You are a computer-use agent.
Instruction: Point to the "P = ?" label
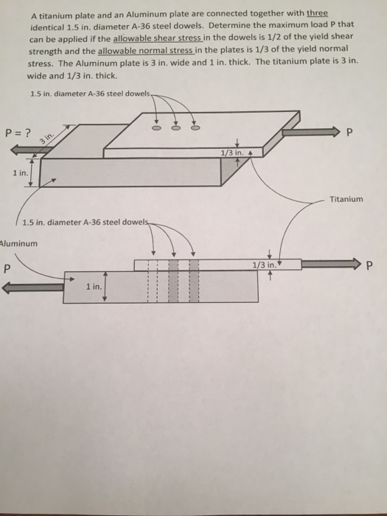pos(18,133)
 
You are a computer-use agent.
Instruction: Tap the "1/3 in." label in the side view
pos(263,263)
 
